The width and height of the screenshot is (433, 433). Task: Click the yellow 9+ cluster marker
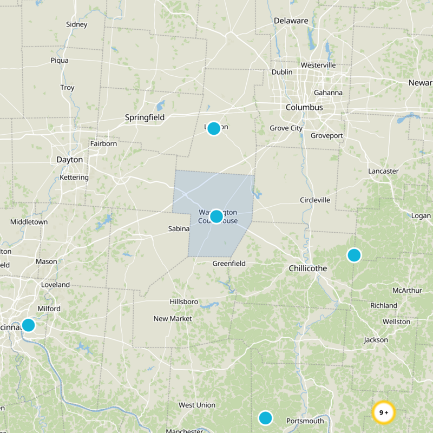384,412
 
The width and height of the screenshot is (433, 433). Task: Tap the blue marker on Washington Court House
216,216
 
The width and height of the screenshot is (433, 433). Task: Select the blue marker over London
214,128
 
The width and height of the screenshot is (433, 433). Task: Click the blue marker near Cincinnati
28,325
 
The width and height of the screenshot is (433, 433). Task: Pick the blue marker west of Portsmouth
265,418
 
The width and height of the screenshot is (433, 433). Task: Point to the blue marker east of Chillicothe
354,255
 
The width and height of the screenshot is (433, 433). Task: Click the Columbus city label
304,107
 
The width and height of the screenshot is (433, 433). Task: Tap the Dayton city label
70,160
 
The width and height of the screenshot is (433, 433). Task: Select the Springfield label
145,117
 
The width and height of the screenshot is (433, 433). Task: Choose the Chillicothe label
307,268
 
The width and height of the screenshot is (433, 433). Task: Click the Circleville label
315,200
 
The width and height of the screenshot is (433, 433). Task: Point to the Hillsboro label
183,301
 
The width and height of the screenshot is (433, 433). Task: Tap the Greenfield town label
228,264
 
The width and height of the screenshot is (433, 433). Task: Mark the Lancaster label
383,171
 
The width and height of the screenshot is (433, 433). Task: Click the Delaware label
291,21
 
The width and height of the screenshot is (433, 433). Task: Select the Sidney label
76,24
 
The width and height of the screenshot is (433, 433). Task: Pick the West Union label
197,405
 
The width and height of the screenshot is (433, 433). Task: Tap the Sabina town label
179,229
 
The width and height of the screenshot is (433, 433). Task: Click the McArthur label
407,291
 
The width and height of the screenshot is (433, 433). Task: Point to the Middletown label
29,222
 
